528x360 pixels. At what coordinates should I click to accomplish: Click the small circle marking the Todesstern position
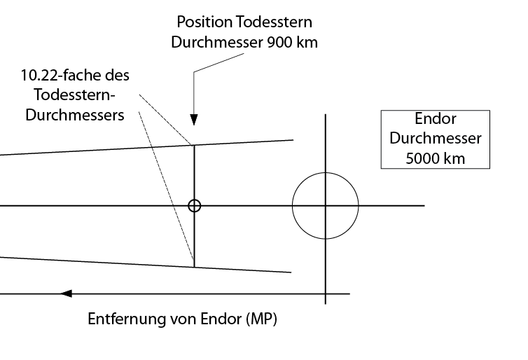click(x=195, y=206)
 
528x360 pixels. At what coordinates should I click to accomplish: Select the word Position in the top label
click(x=202, y=23)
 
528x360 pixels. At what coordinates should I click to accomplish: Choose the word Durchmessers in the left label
click(x=75, y=115)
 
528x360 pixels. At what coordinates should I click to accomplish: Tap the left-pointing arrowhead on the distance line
click(x=67, y=293)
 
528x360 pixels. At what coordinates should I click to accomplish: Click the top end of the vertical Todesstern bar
click(x=195, y=145)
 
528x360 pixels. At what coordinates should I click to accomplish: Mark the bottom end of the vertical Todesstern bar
click(x=195, y=266)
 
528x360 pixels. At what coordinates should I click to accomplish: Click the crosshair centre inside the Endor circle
click(x=326, y=206)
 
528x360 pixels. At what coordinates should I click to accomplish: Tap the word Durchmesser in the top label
click(x=216, y=41)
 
